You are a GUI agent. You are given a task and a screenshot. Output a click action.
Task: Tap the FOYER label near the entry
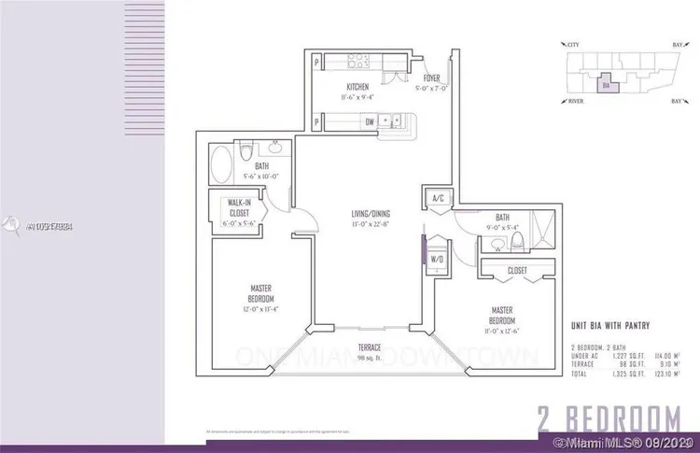click(431, 78)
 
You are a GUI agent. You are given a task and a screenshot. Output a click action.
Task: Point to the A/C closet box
click(437, 199)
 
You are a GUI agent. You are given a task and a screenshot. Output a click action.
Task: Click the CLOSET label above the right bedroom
click(515, 272)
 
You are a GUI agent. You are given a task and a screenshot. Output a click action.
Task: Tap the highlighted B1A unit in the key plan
click(608, 86)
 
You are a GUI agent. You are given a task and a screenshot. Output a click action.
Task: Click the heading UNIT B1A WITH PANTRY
click(609, 325)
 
